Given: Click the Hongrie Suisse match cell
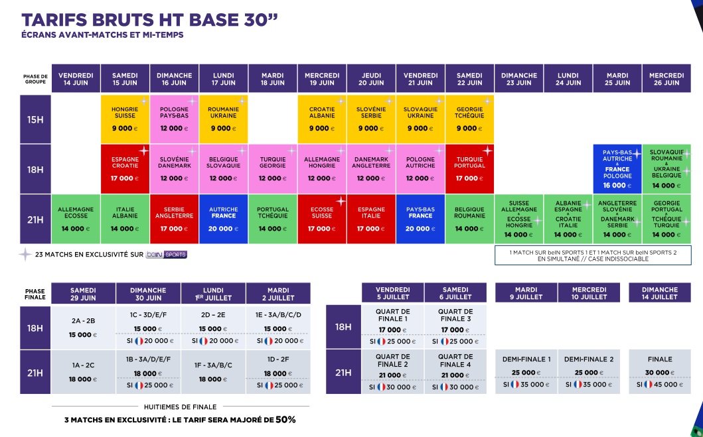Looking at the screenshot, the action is pyautogui.click(x=125, y=119).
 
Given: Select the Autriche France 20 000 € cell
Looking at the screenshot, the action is pyautogui.click(x=223, y=219).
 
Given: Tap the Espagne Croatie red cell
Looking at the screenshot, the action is pyautogui.click(x=125, y=169).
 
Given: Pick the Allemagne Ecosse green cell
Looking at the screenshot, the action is pyautogui.click(x=76, y=219).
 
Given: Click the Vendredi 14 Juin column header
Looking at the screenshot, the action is pyautogui.click(x=76, y=78).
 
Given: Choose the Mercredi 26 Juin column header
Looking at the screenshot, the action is pyautogui.click(x=666, y=78).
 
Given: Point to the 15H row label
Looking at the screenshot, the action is pyautogui.click(x=35, y=119).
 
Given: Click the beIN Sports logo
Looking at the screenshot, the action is pyautogui.click(x=167, y=255).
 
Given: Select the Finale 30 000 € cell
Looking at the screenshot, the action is pyautogui.click(x=660, y=371).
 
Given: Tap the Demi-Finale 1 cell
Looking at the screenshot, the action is pyautogui.click(x=526, y=371).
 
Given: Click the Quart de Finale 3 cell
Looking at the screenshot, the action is pyautogui.click(x=455, y=327).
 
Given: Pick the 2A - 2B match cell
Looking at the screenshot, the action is pyautogui.click(x=84, y=328).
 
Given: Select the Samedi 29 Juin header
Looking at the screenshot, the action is pyautogui.click(x=84, y=294).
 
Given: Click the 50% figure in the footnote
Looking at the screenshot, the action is pyautogui.click(x=285, y=420).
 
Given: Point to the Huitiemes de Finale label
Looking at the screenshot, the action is pyautogui.click(x=181, y=407).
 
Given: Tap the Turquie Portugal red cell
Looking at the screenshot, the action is pyautogui.click(x=469, y=169).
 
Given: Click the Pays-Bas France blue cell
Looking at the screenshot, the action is pyautogui.click(x=421, y=219).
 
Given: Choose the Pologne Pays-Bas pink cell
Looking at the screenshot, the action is pyautogui.click(x=174, y=119).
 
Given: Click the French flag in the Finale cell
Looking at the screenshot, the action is pyautogui.click(x=648, y=384).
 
